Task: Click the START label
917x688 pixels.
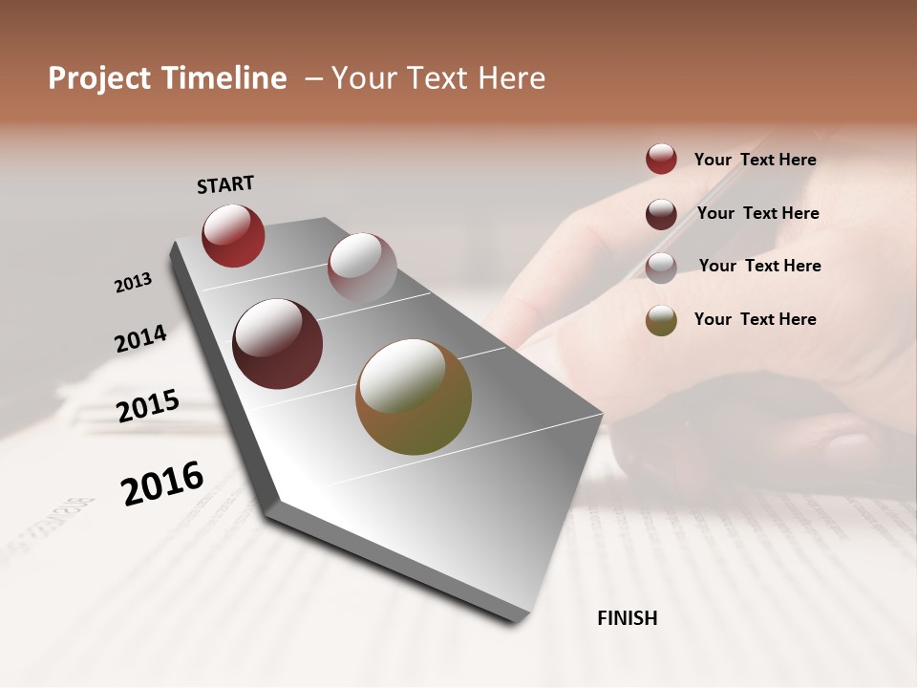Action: point(225,184)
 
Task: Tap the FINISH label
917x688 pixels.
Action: point(627,618)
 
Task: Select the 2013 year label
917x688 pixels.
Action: point(134,282)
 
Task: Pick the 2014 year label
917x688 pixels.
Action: point(140,338)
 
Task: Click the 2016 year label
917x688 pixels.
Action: point(162,483)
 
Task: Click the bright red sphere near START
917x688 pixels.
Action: point(233,235)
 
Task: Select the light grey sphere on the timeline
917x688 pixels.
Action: point(362,267)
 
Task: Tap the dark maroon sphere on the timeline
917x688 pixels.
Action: point(277,344)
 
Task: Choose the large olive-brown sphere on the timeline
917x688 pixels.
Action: point(414,397)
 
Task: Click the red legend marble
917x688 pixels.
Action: point(661,160)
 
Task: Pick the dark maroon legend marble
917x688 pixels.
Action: point(661,214)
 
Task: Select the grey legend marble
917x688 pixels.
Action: point(661,268)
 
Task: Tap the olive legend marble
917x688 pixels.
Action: point(661,320)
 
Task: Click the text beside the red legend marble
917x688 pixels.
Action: point(755,161)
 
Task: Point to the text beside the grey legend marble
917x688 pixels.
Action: point(759,266)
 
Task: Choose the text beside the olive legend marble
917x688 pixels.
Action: point(755,319)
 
